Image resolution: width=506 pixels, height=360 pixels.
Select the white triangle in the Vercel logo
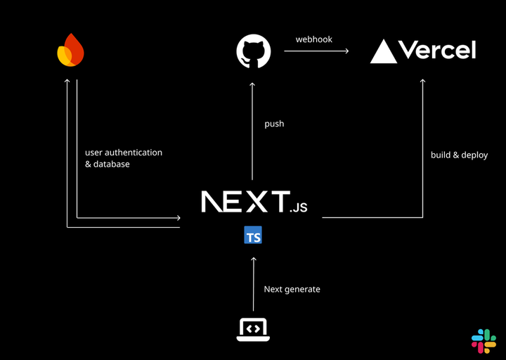(x=383, y=51)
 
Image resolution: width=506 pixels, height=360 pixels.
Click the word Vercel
(x=436, y=50)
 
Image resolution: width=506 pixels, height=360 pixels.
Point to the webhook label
(x=313, y=39)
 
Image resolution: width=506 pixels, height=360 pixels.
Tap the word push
(x=274, y=124)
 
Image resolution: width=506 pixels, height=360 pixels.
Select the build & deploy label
(x=459, y=155)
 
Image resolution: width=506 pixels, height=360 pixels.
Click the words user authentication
(x=124, y=152)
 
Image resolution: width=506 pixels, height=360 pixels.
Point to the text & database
(x=108, y=165)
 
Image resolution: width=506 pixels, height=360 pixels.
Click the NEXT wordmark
(x=245, y=202)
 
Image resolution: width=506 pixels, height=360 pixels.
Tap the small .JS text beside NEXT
(x=299, y=207)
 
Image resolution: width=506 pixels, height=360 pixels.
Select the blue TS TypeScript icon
(x=253, y=236)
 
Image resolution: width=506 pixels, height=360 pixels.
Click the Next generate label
(x=292, y=289)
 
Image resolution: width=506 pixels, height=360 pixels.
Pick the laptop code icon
(x=253, y=328)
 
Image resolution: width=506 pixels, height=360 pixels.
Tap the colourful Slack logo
(x=484, y=340)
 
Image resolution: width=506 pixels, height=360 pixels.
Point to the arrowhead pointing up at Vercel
(x=422, y=82)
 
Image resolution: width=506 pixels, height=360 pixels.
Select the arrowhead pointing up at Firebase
(x=67, y=82)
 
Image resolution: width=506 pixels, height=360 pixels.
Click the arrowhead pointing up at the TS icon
(x=253, y=259)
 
